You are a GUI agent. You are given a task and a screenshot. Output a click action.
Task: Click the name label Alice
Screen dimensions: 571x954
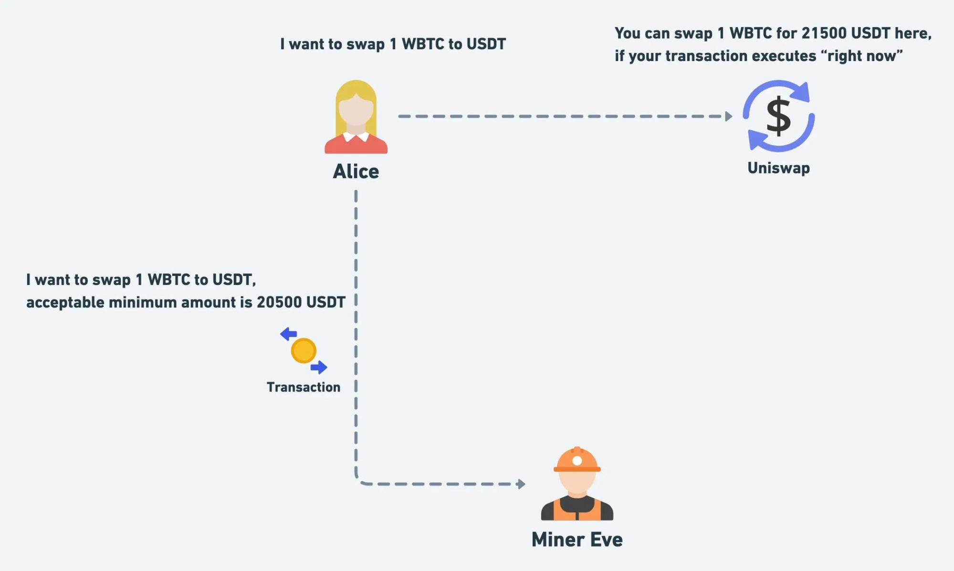356,171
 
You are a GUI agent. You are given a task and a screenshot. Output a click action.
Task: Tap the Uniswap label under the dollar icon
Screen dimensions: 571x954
778,168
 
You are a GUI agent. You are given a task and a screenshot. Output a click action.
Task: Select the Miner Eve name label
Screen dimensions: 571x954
577,539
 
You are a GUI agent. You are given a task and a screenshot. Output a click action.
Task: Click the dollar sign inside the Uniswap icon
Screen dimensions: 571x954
778,116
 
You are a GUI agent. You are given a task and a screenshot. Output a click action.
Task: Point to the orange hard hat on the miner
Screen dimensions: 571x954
577,459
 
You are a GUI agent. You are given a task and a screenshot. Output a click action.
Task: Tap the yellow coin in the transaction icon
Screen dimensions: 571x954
304,350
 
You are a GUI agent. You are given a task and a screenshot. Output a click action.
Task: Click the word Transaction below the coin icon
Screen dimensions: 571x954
304,387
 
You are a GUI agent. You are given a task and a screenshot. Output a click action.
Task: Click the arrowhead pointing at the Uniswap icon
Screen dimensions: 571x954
728,116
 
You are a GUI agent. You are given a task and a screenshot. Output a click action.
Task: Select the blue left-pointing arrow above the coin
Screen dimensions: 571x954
288,334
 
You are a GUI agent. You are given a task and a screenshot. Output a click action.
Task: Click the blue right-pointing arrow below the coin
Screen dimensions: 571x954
319,367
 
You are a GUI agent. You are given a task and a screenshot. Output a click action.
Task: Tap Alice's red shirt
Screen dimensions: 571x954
356,146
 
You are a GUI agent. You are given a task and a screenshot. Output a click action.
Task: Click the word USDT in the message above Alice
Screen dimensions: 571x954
486,44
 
